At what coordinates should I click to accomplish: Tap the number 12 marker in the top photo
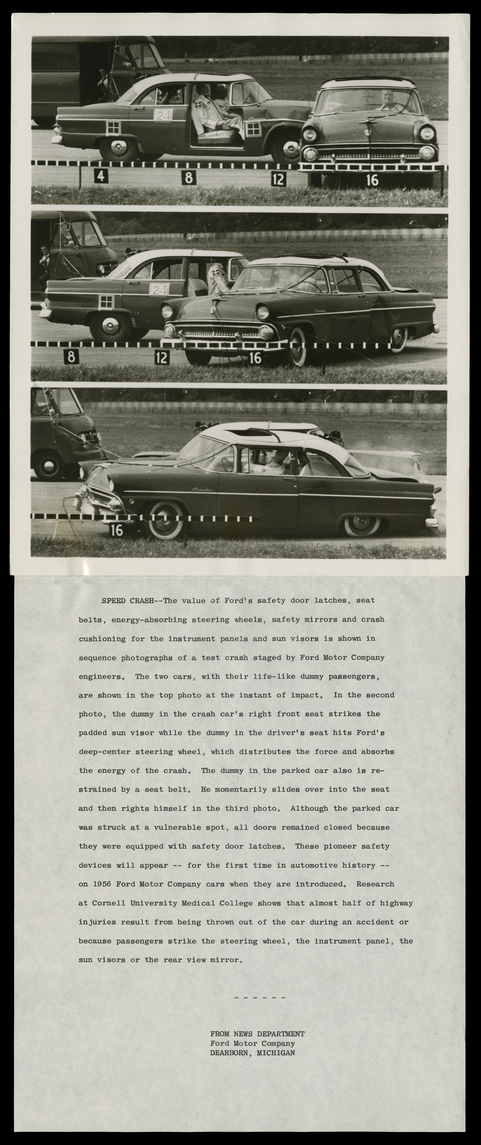tap(279, 179)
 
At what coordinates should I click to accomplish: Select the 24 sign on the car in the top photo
tap(163, 115)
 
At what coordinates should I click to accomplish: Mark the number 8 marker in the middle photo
tap(71, 357)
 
